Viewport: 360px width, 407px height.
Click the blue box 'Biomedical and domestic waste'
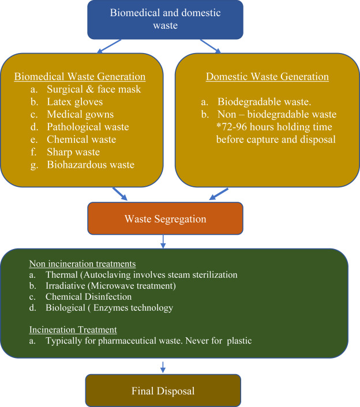[165, 20]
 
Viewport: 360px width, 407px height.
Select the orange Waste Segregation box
[165, 218]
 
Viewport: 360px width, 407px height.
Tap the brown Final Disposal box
[163, 390]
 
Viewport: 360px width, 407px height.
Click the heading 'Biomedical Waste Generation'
[80, 77]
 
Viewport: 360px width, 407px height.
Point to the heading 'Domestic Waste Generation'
[267, 77]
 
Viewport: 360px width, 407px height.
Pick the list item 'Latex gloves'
[75, 101]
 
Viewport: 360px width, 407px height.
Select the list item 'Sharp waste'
[73, 152]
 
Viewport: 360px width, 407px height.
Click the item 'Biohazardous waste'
[91, 164]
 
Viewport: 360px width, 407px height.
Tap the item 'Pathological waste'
[88, 127]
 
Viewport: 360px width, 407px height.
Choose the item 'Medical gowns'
[80, 115]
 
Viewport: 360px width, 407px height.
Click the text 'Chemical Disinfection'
[89, 297]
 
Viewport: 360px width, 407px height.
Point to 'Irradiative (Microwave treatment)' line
[111, 286]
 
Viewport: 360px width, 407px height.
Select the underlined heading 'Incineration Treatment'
[73, 330]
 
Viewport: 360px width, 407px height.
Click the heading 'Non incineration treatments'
[82, 263]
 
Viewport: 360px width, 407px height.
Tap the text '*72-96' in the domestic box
[232, 127]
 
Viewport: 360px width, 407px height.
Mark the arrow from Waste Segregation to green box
[163, 242]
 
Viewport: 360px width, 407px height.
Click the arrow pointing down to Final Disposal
[163, 367]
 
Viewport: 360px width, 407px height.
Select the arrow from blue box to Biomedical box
[109, 47]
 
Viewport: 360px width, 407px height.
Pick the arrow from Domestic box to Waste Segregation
[219, 194]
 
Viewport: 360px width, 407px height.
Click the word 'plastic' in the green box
[239, 341]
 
